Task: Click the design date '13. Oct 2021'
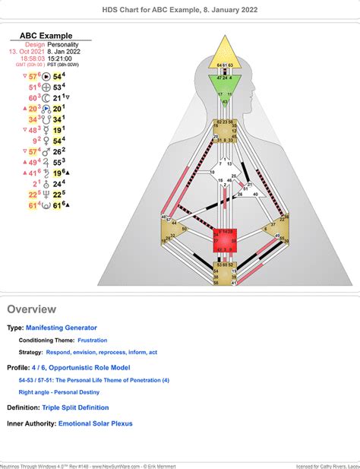(24, 51)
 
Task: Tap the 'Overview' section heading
(31, 309)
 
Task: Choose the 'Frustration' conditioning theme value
(92, 340)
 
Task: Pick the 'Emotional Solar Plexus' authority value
(96, 423)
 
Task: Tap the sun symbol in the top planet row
(46, 77)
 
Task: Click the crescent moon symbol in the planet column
(46, 98)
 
